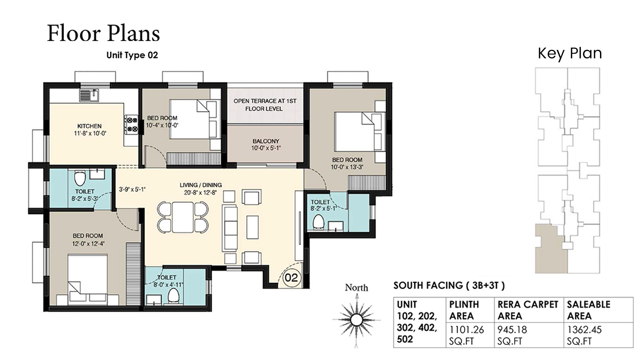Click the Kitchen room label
tap(89, 126)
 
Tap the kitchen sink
tap(89, 95)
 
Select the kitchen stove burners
tap(131, 124)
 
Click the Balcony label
tap(266, 141)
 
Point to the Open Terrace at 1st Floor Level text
tap(265, 105)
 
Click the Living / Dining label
tap(201, 185)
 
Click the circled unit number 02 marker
tap(291, 277)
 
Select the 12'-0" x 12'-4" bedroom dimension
tap(88, 243)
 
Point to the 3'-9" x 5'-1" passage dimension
tap(132, 189)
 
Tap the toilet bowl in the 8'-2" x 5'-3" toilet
tap(79, 179)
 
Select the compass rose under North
tap(356, 320)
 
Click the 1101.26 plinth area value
tap(466, 330)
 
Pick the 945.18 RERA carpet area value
tap(512, 330)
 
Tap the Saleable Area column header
tap(589, 310)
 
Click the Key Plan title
tap(570, 53)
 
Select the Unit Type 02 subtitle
tap(132, 55)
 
